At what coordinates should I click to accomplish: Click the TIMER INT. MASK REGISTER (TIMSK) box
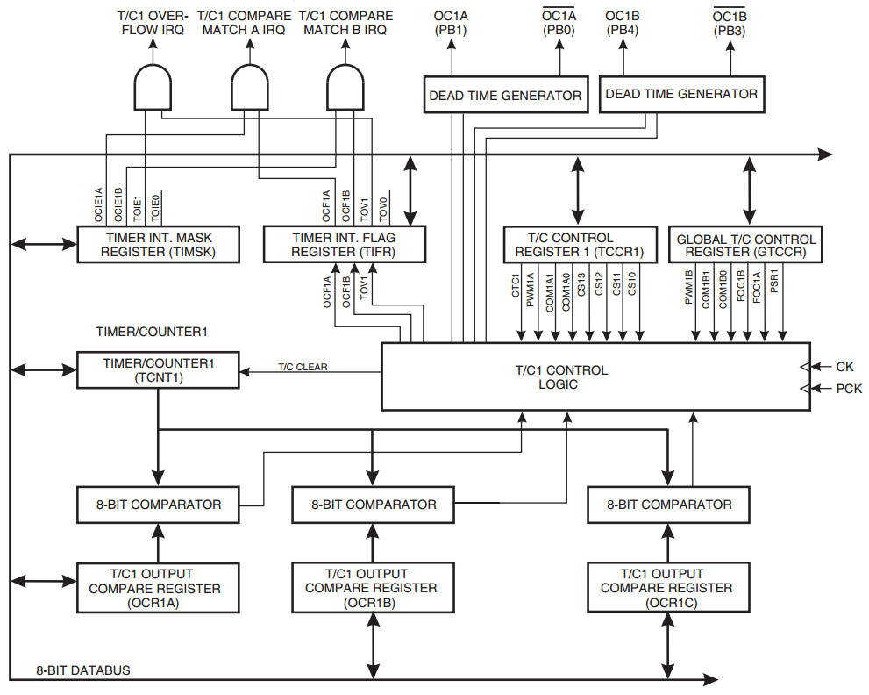point(159,245)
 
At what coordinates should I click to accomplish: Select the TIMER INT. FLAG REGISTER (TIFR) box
point(345,245)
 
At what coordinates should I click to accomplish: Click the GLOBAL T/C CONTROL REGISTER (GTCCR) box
point(746,245)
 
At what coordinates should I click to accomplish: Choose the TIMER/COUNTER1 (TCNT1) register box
point(158,369)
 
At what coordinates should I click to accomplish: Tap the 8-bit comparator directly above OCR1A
point(158,505)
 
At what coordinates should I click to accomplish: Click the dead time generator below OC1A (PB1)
point(504,95)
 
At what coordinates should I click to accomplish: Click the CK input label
point(844,367)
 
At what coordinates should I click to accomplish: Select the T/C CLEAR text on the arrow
point(303,367)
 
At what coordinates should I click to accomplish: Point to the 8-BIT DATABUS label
point(83,670)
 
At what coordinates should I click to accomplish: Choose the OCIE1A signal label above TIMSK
point(98,202)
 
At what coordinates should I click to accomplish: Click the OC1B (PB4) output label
point(623,23)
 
